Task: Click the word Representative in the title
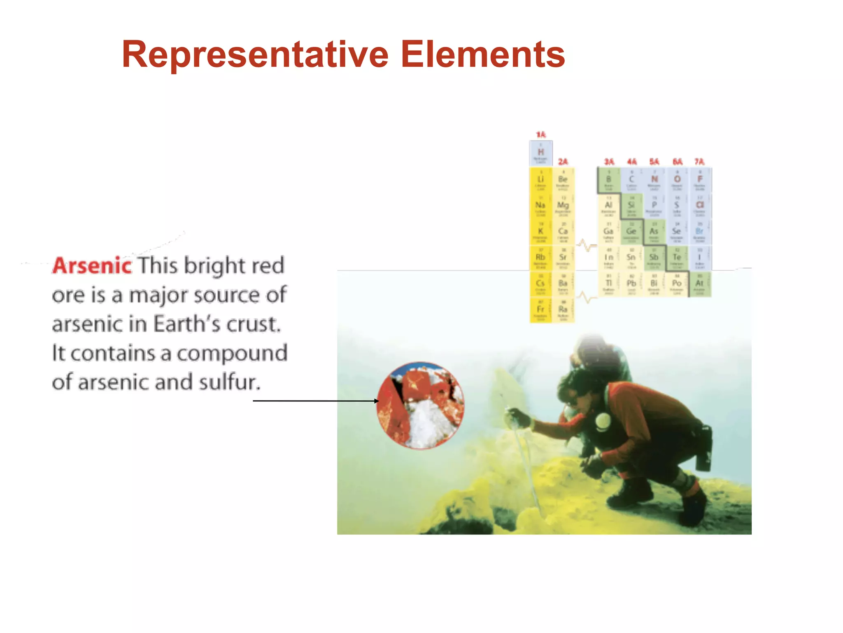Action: point(255,54)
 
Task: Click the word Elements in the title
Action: point(482,54)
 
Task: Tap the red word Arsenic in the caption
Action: point(92,265)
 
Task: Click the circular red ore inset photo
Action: point(420,406)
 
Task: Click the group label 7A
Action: point(699,162)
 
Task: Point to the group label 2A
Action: point(563,162)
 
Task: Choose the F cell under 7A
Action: point(699,180)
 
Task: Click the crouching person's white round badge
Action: point(603,421)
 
